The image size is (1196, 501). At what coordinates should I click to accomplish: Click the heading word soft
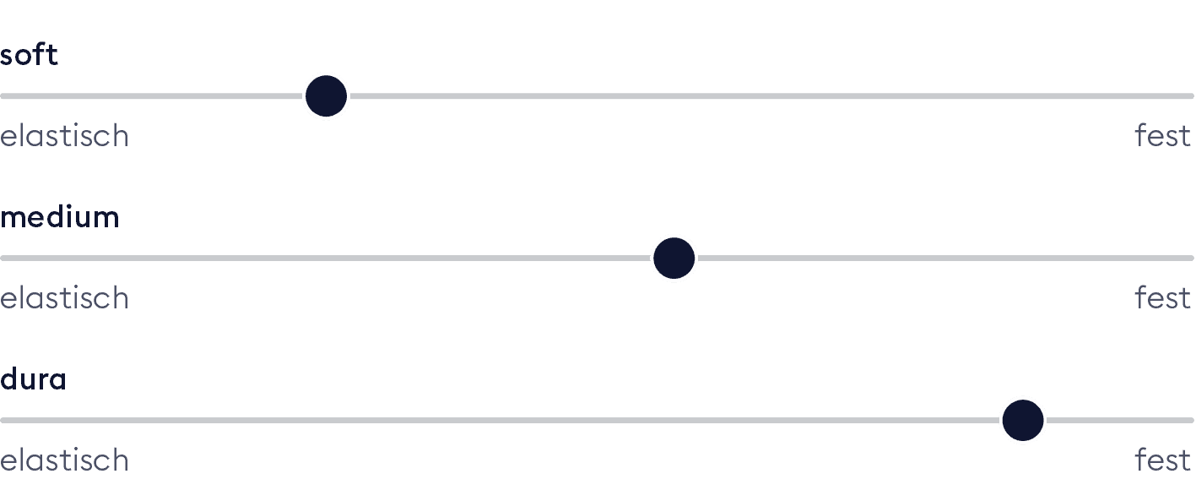pos(29,55)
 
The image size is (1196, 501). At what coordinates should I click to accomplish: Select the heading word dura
pos(33,378)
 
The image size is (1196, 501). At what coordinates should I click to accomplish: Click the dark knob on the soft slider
pos(327,95)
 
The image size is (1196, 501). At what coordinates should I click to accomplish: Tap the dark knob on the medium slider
pos(674,259)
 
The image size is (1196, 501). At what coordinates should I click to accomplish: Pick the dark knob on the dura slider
pos(1023,420)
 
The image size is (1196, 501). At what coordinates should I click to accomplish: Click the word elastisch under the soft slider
pos(65,135)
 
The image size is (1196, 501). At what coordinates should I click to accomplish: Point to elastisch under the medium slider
pos(65,297)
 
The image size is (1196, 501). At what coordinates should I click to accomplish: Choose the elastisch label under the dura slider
pos(65,460)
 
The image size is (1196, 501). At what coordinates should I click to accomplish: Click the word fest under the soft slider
pos(1162,135)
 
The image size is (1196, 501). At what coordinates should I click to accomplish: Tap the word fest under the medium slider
pos(1162,297)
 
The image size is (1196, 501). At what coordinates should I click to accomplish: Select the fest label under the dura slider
pos(1162,460)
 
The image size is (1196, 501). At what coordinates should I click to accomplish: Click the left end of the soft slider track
pos(3,96)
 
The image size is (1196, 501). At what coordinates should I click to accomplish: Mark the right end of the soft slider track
pos(1193,96)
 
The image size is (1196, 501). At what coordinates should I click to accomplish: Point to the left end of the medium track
pos(3,259)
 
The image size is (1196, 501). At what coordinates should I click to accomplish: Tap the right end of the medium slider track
pos(1193,259)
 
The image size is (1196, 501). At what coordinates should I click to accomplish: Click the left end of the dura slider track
pos(3,420)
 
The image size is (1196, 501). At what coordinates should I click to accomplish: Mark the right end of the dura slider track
pos(1193,420)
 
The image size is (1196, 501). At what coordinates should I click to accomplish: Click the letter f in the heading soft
pos(41,54)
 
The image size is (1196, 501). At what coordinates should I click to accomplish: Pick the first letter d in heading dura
pos(8,378)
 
